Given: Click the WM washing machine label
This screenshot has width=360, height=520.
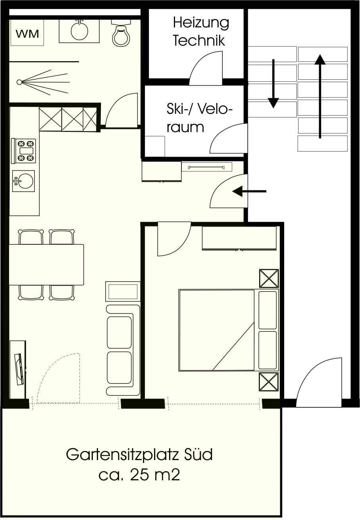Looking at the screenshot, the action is tap(27, 34).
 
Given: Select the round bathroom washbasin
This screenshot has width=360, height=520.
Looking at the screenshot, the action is tap(79, 31).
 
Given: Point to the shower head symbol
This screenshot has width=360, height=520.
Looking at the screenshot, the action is tap(19, 82).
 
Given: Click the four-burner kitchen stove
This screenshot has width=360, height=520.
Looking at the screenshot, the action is tap(24, 151).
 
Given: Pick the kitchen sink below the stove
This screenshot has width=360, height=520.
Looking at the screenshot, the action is tap(23, 181).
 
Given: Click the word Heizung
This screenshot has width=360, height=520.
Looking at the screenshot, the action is tap(201, 23).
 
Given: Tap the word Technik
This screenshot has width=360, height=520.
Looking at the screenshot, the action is tap(199, 40).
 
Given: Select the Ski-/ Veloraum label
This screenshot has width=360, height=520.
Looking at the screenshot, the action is tap(199, 118).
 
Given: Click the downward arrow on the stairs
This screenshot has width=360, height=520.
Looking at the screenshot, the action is tap(273, 84).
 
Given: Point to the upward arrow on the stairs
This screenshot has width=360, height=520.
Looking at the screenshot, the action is tap(320, 96).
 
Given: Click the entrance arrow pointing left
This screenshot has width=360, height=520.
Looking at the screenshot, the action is tap(249, 192).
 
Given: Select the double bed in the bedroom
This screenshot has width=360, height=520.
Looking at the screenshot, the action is tap(229, 330).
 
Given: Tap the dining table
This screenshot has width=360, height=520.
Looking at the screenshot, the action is tap(46, 265).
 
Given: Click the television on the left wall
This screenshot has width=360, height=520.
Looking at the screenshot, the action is tap(19, 369).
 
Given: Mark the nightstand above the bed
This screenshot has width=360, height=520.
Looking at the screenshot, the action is tap(269, 278).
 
